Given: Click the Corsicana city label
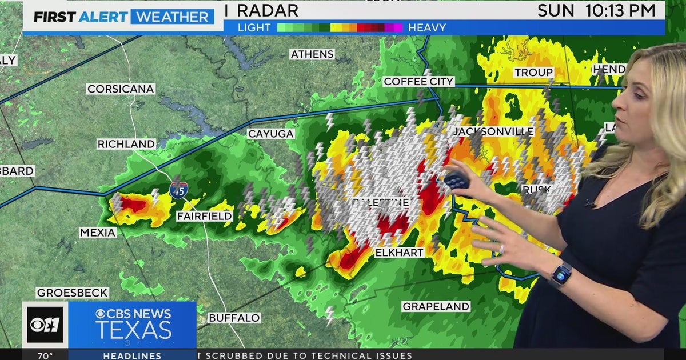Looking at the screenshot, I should coord(121,89).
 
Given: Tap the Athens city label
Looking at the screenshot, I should coord(312,54).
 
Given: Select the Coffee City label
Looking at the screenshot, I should coord(418,82).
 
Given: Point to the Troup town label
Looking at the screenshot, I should coord(533,73).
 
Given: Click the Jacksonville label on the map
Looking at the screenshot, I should coord(493,131).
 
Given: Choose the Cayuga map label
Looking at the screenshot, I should coord(270,134).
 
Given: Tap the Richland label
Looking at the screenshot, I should coord(126,144).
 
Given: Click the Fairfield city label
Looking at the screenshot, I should coord(204,216).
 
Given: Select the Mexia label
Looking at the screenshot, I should coord(98,233).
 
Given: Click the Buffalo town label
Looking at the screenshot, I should coord(234,318).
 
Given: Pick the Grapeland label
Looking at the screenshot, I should coord(436,306).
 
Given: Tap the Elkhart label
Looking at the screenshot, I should coord(399,252).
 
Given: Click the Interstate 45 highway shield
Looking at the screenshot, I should coord(177,190).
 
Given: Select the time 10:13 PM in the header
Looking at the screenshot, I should coord(620,10).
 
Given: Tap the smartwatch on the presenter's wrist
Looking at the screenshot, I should coord(561,274).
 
